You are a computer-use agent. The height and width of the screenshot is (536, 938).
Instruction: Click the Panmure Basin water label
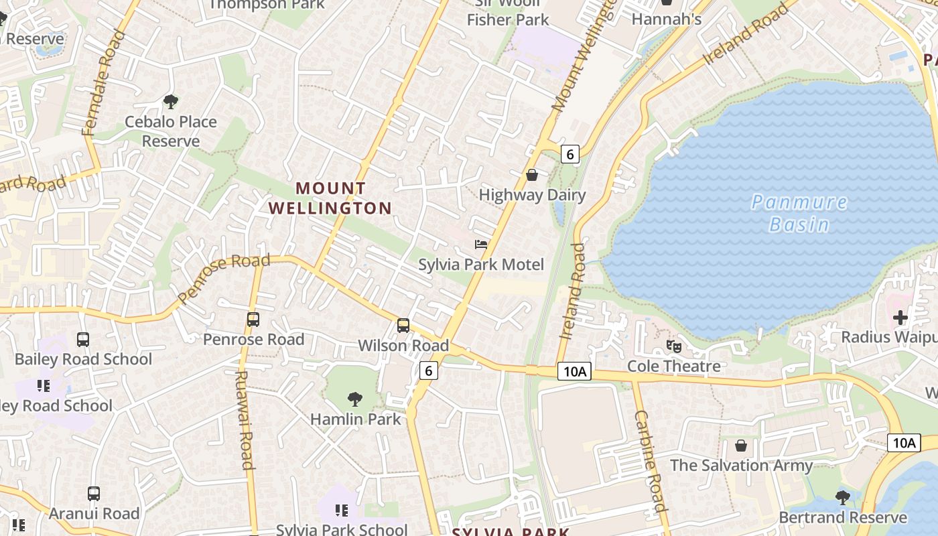click(x=799, y=212)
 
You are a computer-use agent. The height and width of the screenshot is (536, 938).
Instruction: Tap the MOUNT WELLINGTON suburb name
click(x=330, y=198)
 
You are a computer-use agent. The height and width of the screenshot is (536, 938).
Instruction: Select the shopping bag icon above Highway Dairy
click(x=532, y=175)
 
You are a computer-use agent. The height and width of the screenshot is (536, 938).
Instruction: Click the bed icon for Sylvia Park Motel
click(x=481, y=244)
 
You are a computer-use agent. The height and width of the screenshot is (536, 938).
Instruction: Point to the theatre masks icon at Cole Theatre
click(x=673, y=346)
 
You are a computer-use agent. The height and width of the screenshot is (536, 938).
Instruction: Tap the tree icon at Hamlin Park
click(x=355, y=399)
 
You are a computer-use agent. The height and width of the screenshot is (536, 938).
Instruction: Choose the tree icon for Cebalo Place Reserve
click(x=171, y=102)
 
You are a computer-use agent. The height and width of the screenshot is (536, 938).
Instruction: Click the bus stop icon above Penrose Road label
click(x=253, y=320)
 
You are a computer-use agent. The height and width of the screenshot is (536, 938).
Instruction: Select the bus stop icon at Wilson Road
click(x=403, y=326)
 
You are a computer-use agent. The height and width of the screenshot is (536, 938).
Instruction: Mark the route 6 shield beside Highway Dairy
click(x=569, y=154)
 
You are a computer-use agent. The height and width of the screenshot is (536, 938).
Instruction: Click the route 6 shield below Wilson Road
click(x=429, y=371)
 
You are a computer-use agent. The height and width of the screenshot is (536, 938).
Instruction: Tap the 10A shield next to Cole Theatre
click(x=574, y=371)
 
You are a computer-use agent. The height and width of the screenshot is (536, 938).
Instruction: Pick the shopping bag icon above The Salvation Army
click(x=741, y=446)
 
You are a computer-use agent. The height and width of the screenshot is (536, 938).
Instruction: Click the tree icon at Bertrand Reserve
click(x=843, y=498)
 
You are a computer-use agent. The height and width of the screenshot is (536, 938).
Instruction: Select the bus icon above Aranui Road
click(x=94, y=494)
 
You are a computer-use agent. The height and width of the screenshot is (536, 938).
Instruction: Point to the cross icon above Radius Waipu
click(x=900, y=317)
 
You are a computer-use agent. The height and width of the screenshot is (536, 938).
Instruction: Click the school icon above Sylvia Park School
click(x=342, y=511)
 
